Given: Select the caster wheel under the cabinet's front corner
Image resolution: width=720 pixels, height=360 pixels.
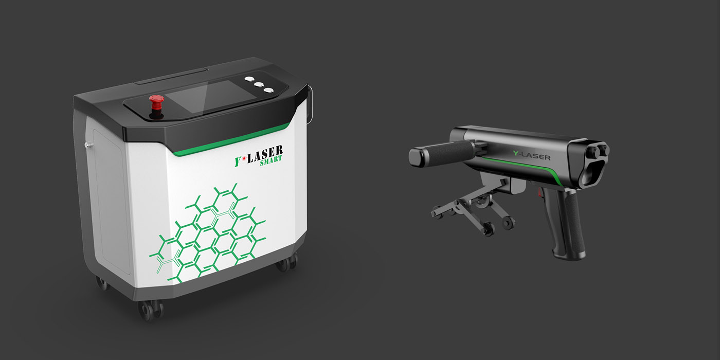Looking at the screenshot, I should click(x=149, y=308).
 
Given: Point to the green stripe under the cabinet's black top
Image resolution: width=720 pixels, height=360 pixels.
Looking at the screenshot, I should click(x=231, y=140).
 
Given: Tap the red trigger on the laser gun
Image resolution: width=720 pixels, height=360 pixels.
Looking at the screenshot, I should click(x=541, y=194).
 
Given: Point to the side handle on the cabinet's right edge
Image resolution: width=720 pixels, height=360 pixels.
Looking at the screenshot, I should click(x=310, y=105).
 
